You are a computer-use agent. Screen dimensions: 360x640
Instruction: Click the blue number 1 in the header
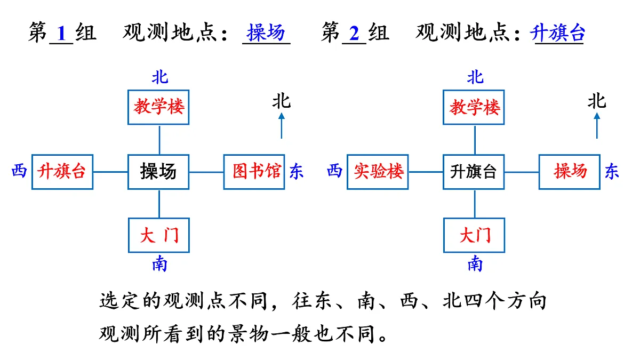coord(61,34)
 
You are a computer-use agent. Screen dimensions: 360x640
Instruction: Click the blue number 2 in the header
coord(354,34)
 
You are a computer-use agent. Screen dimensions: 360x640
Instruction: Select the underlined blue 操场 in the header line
coord(266,33)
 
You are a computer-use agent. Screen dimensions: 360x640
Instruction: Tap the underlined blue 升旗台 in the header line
coord(558,33)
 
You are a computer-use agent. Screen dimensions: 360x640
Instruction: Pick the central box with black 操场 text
coord(159,172)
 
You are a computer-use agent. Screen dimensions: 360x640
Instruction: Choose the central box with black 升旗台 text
coord(474,172)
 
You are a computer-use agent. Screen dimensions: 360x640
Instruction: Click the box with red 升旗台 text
coord(62,172)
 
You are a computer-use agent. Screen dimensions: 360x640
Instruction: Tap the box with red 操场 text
coord(570,172)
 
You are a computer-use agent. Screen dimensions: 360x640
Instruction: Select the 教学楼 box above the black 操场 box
coord(159,107)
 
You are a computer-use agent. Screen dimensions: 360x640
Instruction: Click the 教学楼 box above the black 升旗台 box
coord(474,107)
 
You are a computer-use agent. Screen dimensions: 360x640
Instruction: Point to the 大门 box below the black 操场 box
coord(159,235)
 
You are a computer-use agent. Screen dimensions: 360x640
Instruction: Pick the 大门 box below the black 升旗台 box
coord(474,235)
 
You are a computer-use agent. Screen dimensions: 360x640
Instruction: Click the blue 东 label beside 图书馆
coord(297,171)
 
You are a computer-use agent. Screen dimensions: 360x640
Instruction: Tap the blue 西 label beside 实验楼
coord(334,171)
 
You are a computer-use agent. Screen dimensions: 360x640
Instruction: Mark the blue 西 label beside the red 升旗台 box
coord(19,171)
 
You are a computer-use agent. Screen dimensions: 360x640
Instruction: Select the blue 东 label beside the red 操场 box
coord(612,171)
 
